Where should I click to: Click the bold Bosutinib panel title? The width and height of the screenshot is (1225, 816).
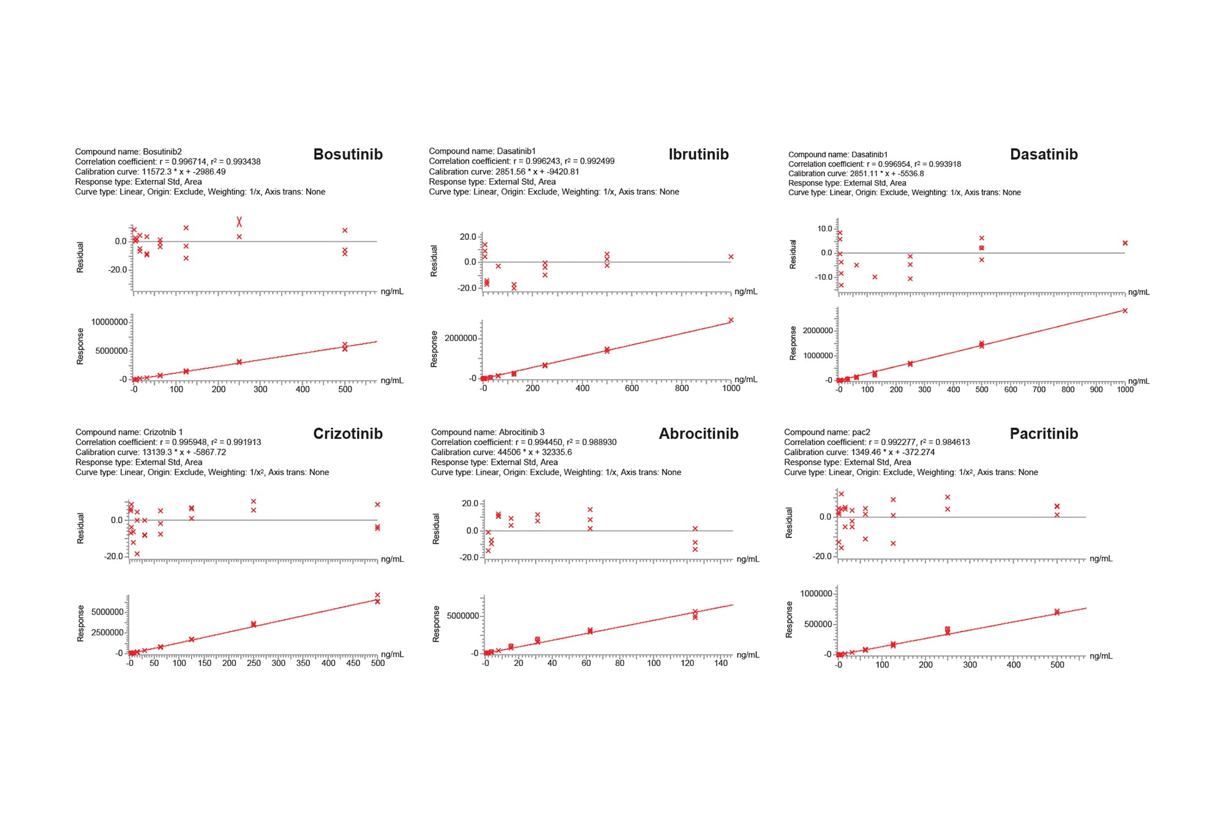[x=347, y=154]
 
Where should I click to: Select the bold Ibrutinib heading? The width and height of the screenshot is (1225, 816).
[x=698, y=154]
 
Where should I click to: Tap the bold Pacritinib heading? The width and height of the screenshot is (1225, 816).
[x=1043, y=433]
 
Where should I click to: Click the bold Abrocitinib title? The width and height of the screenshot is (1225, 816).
[x=698, y=433]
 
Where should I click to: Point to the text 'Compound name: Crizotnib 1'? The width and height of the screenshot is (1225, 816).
[x=129, y=432]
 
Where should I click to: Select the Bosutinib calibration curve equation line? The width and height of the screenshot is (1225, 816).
[x=150, y=172]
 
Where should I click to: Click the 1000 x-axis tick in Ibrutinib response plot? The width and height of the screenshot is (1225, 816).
[x=731, y=388]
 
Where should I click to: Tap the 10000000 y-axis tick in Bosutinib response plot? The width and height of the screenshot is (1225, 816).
[x=109, y=322]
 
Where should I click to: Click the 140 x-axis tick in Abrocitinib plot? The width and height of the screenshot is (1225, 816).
[x=721, y=663]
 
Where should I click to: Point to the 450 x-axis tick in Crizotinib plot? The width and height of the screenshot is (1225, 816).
[x=353, y=663]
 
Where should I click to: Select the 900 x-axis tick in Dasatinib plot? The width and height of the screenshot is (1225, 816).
[x=1096, y=389]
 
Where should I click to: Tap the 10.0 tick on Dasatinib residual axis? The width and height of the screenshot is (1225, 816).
[x=824, y=228]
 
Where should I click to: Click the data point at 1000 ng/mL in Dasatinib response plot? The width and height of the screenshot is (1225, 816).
[x=1125, y=311]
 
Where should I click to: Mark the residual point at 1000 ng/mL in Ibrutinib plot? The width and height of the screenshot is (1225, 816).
[x=731, y=257]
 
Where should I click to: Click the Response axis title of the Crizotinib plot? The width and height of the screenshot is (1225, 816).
[x=80, y=623]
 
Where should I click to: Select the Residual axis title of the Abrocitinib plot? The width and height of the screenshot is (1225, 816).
[x=436, y=528]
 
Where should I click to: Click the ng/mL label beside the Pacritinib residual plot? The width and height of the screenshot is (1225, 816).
[x=1101, y=558]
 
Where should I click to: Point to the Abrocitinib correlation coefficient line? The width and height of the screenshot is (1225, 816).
[x=524, y=442]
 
